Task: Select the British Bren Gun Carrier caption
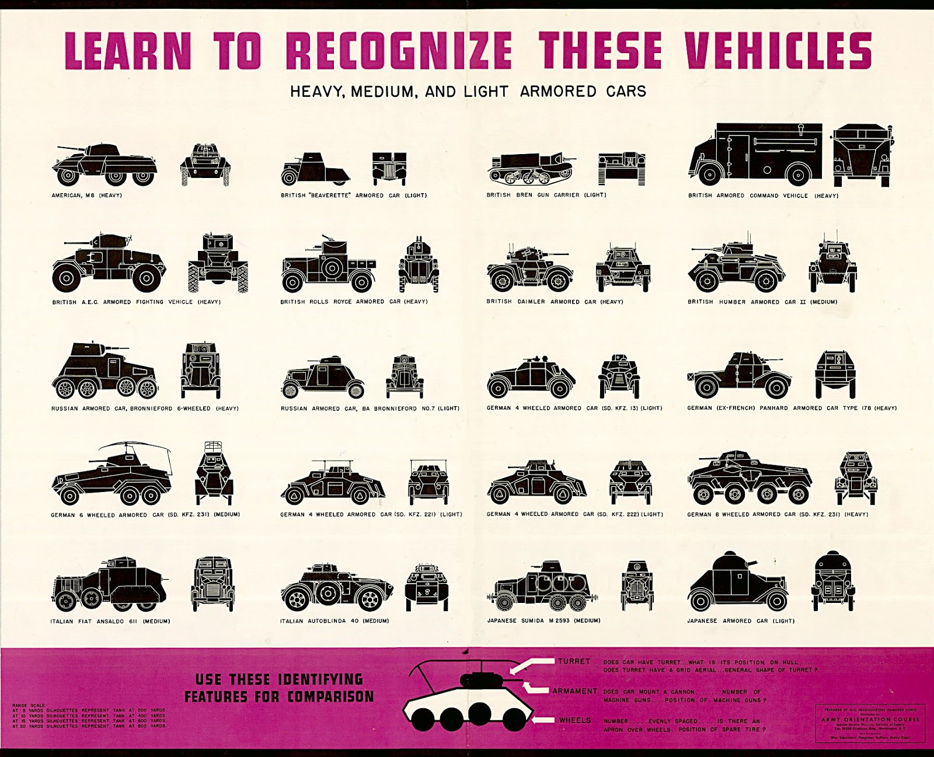pos(546,195)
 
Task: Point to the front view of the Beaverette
pos(389,169)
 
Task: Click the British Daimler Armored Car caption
pos(555,302)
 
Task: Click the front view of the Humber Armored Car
pos(832,266)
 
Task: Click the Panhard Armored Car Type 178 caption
pos(792,408)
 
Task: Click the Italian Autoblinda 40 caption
pos(334,621)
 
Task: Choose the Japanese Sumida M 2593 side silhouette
pos(541,587)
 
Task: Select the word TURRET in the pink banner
pos(574,661)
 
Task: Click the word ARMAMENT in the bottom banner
pos(574,691)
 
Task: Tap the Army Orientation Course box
pos(870,723)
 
